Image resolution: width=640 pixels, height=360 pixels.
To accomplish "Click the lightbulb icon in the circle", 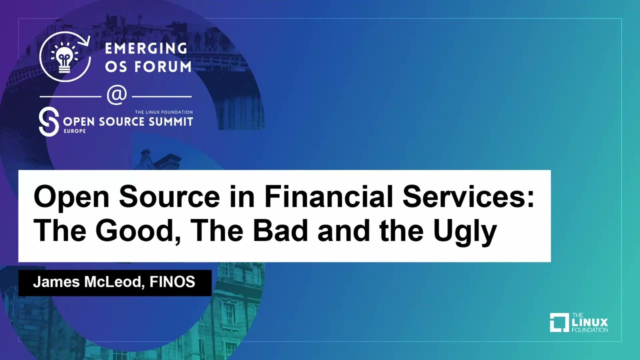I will [65, 57].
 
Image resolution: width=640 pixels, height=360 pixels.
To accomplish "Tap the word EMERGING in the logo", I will [146, 48].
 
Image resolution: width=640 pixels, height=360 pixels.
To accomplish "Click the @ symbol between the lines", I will [116, 95].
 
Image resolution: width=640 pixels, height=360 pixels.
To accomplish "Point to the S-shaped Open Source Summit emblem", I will [48, 121].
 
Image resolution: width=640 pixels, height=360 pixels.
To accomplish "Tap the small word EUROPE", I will [75, 131].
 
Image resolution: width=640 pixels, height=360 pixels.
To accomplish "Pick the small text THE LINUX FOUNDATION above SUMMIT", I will [163, 112].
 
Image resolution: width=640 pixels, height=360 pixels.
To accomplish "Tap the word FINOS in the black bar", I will [173, 282].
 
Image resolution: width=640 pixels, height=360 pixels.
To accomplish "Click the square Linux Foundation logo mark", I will [559, 322].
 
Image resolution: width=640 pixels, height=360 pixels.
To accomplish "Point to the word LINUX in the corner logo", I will [590, 322].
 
